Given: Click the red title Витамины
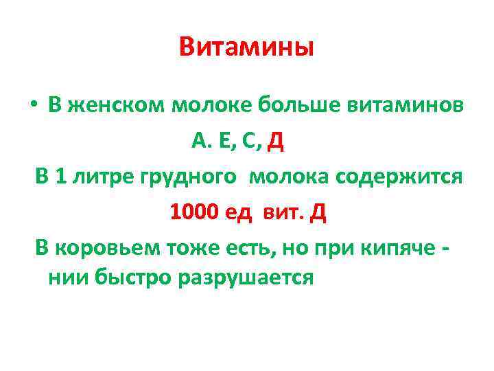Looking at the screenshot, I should coord(246,47).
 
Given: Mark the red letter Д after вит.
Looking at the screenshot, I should coord(318,212).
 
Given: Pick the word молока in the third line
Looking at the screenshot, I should coord(290,177).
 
